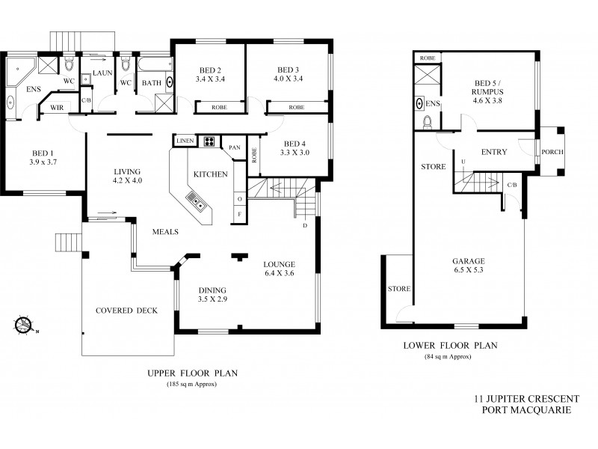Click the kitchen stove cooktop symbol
pyautogui.click(x=207, y=141)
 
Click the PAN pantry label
pyautogui.click(x=234, y=147)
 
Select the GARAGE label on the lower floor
pyautogui.click(x=468, y=262)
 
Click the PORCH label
pyautogui.click(x=552, y=153)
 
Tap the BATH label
pyautogui.click(x=152, y=83)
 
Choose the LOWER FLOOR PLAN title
pyautogui.click(x=449, y=346)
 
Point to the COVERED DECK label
pyautogui.click(x=126, y=311)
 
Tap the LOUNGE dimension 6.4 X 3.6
pyautogui.click(x=279, y=275)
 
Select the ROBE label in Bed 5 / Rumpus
pyautogui.click(x=428, y=58)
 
